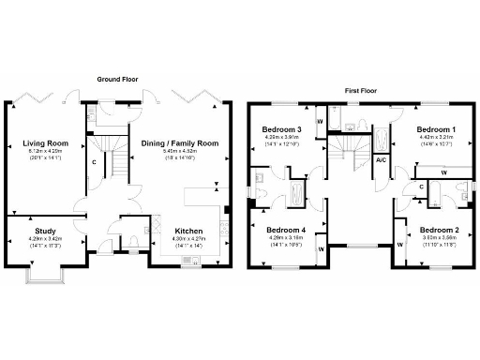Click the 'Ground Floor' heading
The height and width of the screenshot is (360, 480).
[118, 80]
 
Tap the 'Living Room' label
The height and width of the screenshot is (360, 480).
[45, 143]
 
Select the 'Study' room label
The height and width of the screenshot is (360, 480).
[46, 230]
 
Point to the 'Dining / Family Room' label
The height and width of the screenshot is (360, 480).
[179, 143]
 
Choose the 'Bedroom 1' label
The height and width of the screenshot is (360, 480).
[437, 129]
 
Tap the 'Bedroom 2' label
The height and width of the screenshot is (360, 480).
[438, 230]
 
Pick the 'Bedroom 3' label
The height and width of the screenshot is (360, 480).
[281, 129]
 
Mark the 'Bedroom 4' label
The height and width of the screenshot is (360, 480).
[286, 230]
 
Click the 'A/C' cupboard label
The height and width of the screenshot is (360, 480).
[382, 160]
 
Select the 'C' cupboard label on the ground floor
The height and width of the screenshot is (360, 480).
[95, 160]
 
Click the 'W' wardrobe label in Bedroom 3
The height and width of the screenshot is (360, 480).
[321, 121]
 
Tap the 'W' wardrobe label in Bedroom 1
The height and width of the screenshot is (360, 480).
[442, 172]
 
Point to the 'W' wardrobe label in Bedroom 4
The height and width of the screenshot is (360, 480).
[321, 249]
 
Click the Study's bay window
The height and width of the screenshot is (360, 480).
[45, 273]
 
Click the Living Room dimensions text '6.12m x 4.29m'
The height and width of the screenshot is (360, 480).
[45, 151]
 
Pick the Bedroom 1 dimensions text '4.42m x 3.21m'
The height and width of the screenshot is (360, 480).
[437, 137]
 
